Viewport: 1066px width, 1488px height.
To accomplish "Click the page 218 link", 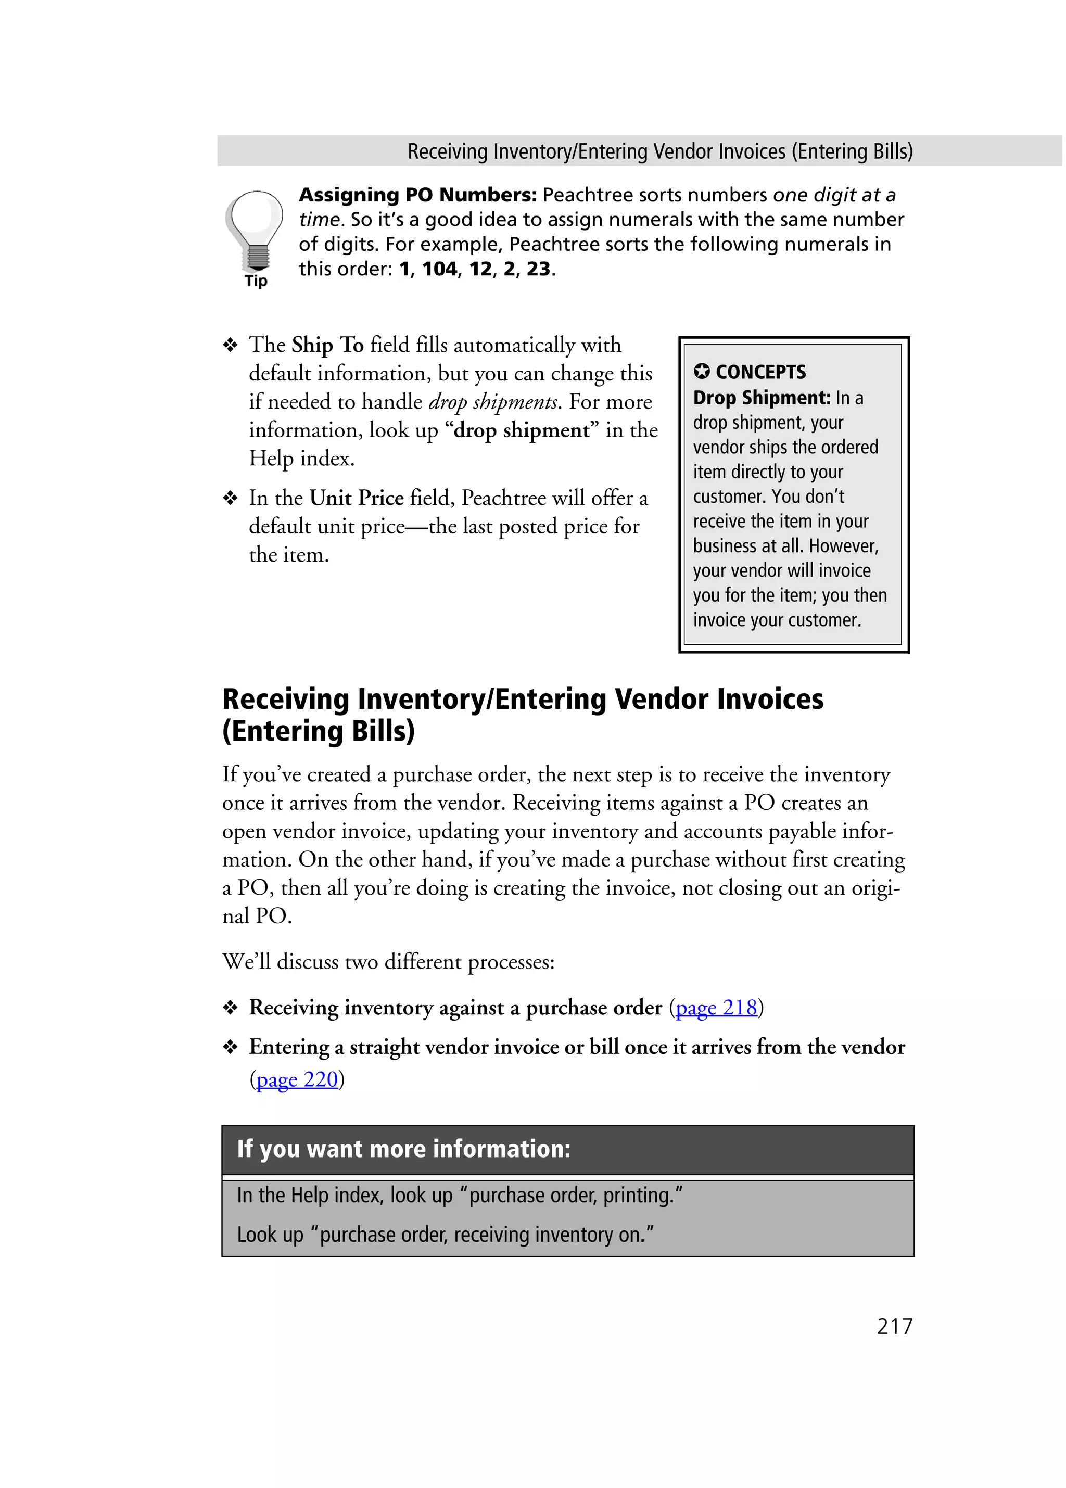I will point(716,1007).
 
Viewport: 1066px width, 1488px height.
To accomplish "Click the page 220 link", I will point(297,1079).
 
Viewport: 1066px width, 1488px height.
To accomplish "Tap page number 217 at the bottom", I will point(894,1326).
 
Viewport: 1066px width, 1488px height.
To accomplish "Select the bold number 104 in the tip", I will point(439,269).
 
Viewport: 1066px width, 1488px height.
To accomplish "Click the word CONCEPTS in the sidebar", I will point(760,372).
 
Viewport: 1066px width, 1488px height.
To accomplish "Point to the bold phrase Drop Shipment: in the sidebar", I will point(762,398).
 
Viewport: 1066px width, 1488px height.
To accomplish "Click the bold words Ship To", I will point(327,345).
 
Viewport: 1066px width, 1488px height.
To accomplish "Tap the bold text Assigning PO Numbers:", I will point(418,195).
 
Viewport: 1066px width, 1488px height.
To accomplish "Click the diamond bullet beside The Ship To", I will point(230,345).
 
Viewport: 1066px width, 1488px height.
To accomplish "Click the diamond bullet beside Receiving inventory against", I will point(230,1008).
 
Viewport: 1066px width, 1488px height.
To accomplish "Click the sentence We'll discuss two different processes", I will point(388,962).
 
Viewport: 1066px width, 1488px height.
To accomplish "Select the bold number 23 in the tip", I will point(538,269).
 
